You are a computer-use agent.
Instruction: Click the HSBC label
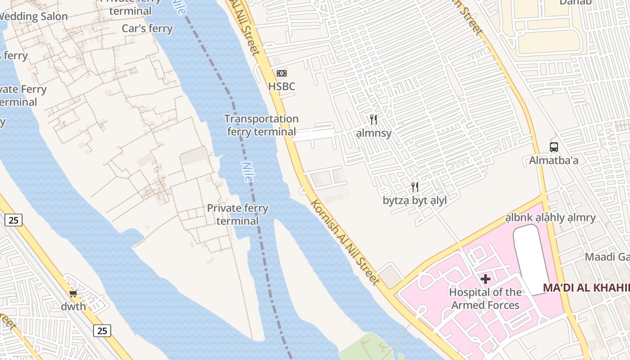[282, 86]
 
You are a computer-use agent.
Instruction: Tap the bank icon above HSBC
[282, 73]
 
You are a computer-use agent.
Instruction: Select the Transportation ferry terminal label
[261, 125]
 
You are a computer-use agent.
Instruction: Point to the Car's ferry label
[147, 28]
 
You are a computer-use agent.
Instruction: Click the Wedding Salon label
[34, 17]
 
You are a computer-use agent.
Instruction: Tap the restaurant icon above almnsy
[373, 120]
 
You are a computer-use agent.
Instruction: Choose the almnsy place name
[373, 133]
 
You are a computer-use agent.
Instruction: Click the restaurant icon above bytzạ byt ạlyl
[415, 187]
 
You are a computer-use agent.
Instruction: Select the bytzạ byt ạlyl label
[415, 201]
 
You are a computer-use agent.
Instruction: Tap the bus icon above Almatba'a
[553, 147]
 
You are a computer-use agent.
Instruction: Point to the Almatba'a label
[553, 160]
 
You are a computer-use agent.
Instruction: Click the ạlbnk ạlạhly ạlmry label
[550, 218]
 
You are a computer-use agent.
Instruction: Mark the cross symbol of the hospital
[485, 279]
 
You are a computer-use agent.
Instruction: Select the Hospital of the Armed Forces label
[485, 299]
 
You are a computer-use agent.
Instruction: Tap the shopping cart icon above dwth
[73, 293]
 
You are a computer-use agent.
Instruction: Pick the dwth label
[73, 307]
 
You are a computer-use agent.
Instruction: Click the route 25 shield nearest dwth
[102, 331]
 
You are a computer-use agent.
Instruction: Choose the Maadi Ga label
[607, 257]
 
